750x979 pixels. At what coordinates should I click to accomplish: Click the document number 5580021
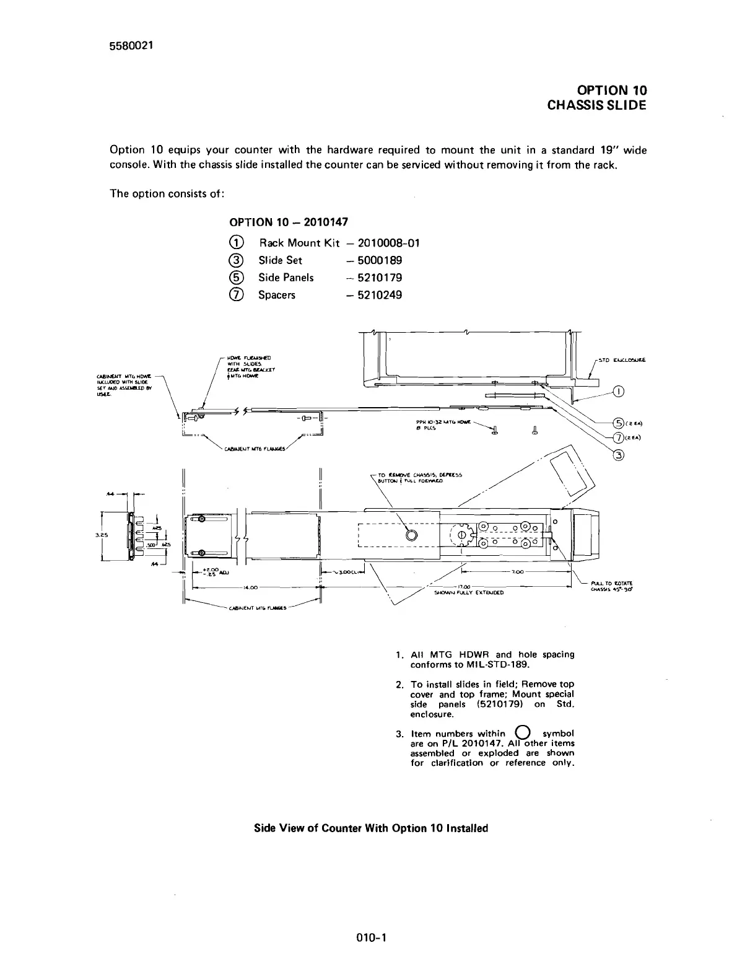click(x=131, y=46)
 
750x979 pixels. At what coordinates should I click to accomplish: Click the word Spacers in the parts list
click(x=277, y=295)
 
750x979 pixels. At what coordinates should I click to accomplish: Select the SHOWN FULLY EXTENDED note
click(x=469, y=592)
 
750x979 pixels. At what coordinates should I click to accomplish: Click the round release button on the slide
click(x=411, y=534)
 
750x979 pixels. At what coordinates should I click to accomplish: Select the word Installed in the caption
click(x=464, y=828)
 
